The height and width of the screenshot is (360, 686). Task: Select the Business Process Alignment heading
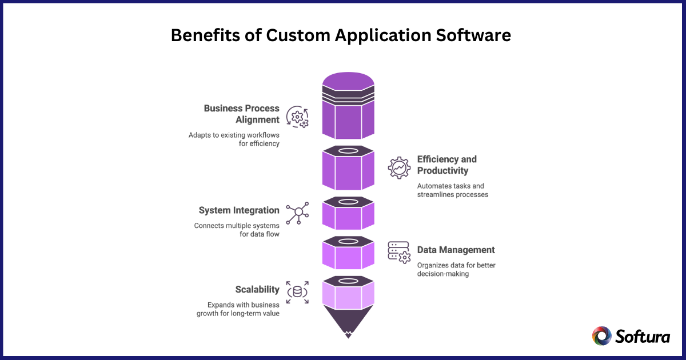click(242, 114)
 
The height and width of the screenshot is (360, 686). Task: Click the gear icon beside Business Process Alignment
click(297, 117)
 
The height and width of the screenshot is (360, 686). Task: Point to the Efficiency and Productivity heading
click(446, 165)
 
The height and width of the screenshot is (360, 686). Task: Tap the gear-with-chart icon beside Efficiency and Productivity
click(399, 167)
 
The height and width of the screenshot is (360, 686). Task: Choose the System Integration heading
click(239, 210)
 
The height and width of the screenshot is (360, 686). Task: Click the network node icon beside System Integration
click(297, 213)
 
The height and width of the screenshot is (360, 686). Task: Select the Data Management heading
click(456, 250)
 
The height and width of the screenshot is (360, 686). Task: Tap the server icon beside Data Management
click(399, 251)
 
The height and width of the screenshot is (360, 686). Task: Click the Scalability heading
click(257, 289)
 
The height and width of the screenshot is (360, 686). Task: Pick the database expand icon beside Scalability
click(297, 292)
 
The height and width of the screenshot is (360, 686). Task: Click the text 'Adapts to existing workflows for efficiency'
click(234, 139)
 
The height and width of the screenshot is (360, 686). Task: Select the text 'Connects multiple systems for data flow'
click(237, 230)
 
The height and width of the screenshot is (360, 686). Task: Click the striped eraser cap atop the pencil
click(348, 91)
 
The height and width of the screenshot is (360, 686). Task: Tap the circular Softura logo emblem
click(601, 336)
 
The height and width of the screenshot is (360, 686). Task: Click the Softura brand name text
click(643, 336)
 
